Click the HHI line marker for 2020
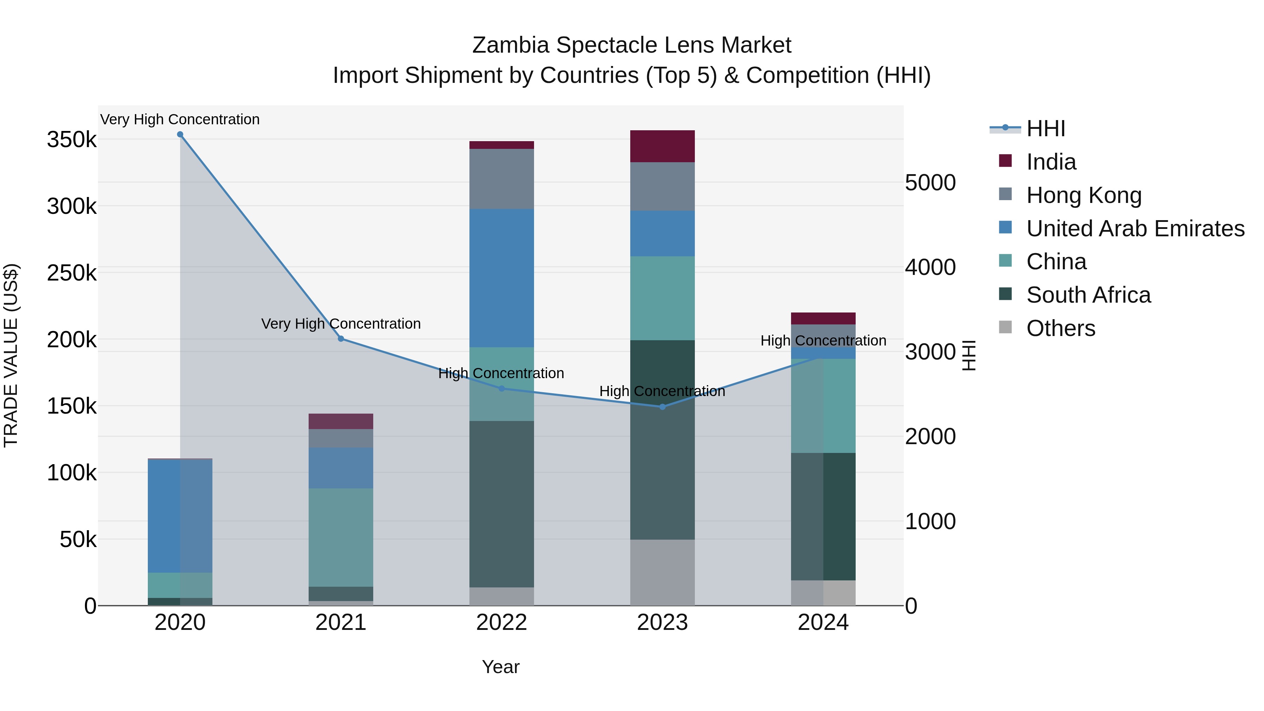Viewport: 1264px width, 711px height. point(180,134)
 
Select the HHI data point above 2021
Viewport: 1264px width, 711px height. point(341,338)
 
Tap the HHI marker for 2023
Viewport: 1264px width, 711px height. point(663,407)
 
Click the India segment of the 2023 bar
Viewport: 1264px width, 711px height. point(663,146)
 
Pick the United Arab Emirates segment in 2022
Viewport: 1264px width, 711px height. point(501,278)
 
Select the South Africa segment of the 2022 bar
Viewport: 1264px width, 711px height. point(501,504)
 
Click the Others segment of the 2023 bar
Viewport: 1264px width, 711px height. point(663,572)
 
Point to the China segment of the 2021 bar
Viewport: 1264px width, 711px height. point(341,537)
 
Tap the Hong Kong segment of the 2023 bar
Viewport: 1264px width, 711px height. point(663,186)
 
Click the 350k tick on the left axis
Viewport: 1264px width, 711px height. point(72,140)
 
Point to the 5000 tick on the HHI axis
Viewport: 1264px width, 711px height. point(930,183)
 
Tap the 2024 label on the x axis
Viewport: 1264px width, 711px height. point(823,623)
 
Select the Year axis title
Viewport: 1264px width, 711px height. point(500,667)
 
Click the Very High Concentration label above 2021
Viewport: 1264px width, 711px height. point(341,324)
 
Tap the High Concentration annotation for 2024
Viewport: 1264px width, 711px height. point(823,341)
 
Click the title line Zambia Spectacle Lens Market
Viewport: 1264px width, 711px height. point(632,45)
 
